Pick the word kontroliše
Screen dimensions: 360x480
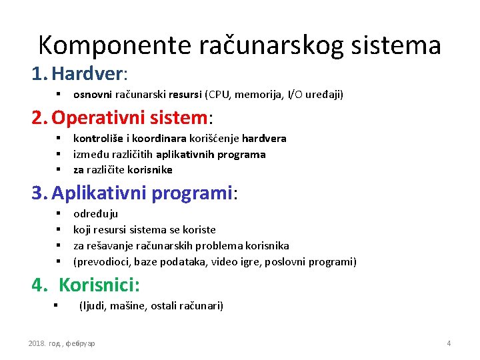point(97,139)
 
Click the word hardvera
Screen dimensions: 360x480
point(264,139)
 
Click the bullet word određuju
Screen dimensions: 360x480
point(95,214)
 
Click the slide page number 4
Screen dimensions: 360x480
point(449,343)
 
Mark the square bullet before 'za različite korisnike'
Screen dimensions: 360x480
point(59,169)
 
